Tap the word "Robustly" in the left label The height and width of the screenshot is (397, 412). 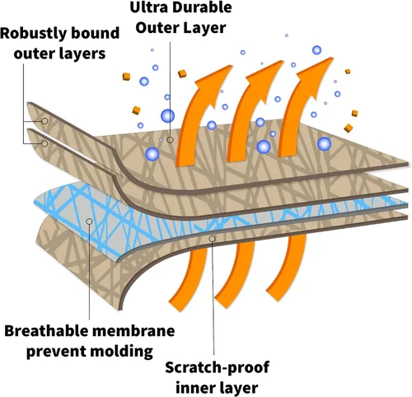(x=33, y=34)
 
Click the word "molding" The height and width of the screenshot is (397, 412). (x=122, y=352)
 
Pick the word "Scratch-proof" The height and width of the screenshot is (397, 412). (x=217, y=367)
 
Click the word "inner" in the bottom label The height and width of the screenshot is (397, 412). (x=193, y=388)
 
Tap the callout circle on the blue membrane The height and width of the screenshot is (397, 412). (x=89, y=222)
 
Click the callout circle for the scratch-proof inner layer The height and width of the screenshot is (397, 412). (x=212, y=239)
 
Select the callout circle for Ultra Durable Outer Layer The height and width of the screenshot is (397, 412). (x=171, y=140)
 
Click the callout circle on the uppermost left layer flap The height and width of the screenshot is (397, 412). (x=44, y=121)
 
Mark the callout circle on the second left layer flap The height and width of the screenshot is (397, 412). (x=44, y=143)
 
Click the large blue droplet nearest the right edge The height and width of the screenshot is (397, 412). (x=324, y=143)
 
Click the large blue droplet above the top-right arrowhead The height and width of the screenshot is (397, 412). (x=316, y=50)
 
